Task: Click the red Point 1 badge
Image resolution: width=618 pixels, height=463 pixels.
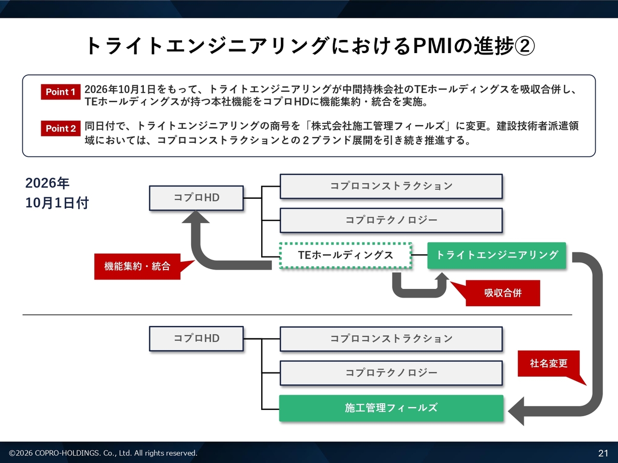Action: pos(60,92)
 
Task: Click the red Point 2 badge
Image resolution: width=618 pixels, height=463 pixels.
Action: pos(60,128)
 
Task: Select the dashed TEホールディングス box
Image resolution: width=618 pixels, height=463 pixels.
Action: pos(346,255)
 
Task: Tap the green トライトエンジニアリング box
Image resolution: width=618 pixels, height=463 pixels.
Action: pos(497,255)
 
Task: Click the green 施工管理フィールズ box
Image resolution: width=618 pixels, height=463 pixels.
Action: pos(391,408)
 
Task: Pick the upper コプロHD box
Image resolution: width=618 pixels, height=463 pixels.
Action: pos(196,198)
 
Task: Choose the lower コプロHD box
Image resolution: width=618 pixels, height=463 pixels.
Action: pos(196,339)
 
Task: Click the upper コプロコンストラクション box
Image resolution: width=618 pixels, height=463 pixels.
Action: pos(391,186)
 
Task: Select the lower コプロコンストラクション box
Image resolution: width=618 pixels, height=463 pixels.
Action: pos(391,339)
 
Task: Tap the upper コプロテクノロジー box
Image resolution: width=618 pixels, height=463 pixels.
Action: pos(391,220)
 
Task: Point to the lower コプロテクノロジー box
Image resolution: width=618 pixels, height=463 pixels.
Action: pos(391,373)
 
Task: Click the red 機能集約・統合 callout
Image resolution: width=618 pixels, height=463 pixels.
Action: pos(137,267)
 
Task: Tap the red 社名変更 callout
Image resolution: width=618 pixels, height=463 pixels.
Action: pos(548,363)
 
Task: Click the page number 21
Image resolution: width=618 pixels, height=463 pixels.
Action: pos(603,453)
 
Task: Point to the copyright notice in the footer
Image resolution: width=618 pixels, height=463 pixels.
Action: pos(103,453)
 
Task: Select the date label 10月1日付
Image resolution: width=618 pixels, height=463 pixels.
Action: pos(57,203)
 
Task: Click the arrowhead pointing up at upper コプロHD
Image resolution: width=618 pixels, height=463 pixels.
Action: pos(196,217)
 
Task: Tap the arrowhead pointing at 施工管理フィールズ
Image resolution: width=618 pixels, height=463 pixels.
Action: pos(516,411)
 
